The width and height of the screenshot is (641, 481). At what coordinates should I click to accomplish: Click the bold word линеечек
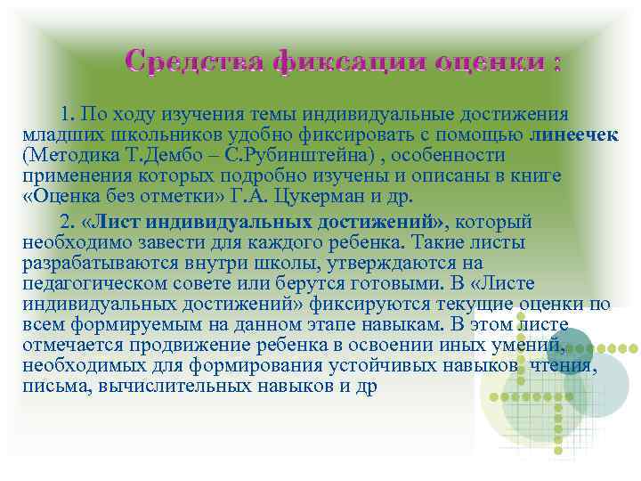pos(576,135)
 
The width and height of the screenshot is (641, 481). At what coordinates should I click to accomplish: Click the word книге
pos(537,175)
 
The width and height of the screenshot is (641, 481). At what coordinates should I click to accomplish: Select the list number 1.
pos(67,115)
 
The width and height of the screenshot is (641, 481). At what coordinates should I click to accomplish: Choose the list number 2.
pos(66,221)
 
